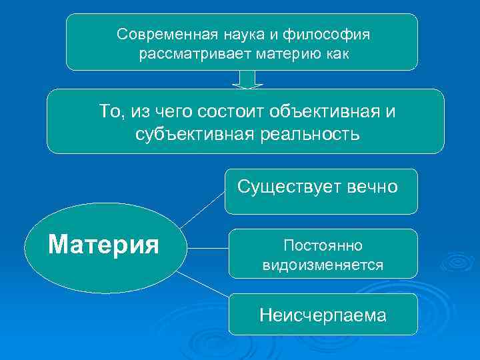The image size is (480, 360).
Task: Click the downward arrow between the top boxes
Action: tap(247, 79)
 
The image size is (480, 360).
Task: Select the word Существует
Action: tap(289, 187)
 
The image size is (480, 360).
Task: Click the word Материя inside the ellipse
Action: tap(104, 245)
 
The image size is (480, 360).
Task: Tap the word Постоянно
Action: tap(323, 246)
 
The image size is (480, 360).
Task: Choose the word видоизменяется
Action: tap(323, 265)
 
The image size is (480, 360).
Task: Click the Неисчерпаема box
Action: tap(323, 315)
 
